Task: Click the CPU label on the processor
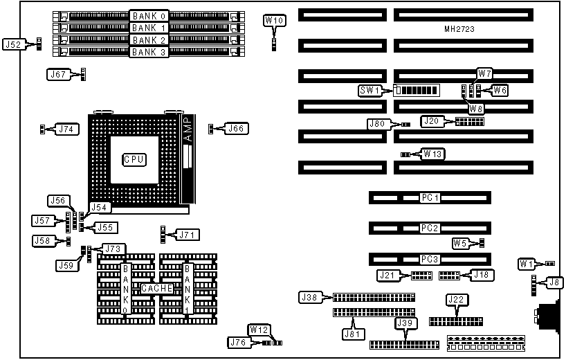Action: coord(134,159)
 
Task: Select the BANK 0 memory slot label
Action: coord(149,15)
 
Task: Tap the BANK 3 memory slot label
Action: coord(149,52)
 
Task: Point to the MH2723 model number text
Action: coord(459,30)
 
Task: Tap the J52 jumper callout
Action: coord(14,44)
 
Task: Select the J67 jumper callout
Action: coord(58,74)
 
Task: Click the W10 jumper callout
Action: coord(275,21)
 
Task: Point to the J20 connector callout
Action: coord(431,121)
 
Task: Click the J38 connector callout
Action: coord(309,297)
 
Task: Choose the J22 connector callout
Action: coord(456,300)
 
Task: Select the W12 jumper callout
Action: coord(257,329)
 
